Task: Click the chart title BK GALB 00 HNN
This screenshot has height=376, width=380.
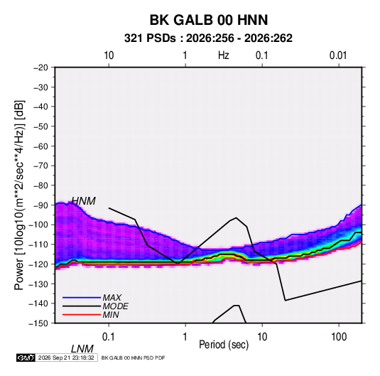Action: [209, 20]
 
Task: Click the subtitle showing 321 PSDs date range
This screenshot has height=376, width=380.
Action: [208, 38]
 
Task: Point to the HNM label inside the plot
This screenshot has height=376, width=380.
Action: [83, 201]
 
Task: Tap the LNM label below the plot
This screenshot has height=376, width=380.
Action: [82, 349]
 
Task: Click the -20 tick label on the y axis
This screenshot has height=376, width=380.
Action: [40, 68]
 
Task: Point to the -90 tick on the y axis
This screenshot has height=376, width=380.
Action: [40, 205]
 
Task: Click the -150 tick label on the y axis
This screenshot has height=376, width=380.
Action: [38, 323]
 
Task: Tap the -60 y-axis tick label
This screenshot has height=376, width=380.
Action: [40, 146]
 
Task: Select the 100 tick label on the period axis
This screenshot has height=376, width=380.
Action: [339, 337]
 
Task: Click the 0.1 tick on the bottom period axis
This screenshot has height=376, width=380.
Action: [108, 337]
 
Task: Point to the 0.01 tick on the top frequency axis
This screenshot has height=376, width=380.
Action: [338, 55]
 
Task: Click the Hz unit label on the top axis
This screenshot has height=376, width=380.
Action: [224, 55]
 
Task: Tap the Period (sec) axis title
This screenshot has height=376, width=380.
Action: [224, 345]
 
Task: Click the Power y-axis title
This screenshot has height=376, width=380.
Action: [19, 195]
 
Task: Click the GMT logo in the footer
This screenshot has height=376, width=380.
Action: [26, 358]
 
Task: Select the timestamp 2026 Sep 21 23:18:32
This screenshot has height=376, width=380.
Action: [66, 358]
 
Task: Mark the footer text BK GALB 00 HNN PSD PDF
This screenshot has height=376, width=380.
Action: [133, 358]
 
